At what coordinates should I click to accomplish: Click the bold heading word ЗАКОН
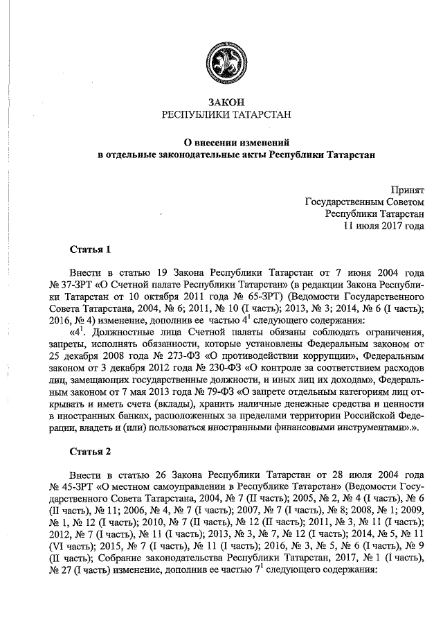[221, 102]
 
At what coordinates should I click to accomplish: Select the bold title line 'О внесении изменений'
[221, 140]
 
